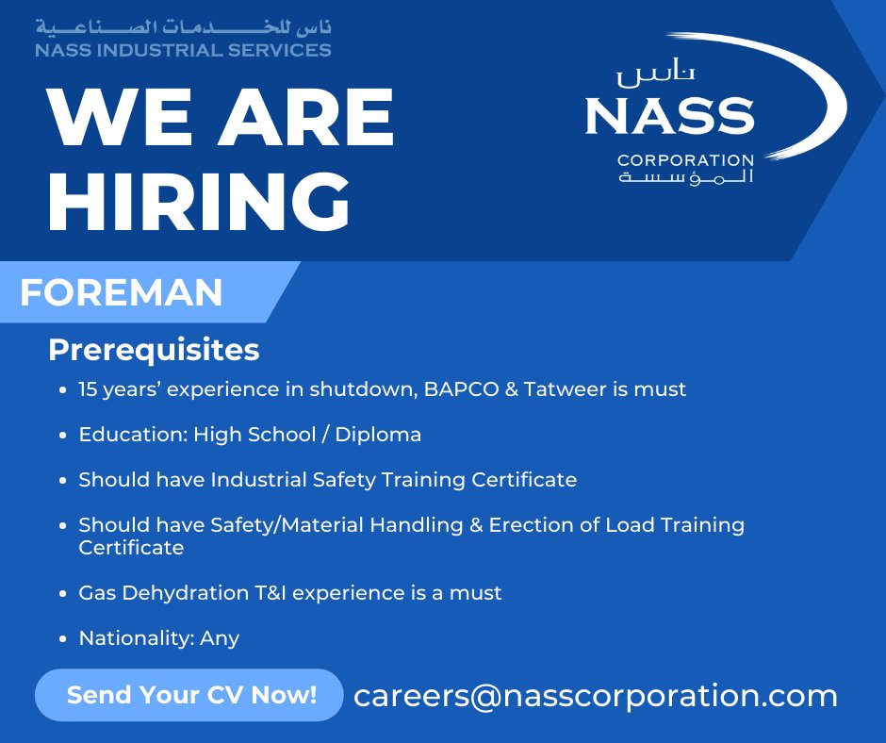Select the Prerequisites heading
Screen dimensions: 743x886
pyautogui.click(x=154, y=350)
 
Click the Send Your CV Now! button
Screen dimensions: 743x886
pyautogui.click(x=190, y=696)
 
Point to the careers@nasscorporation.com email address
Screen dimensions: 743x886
pyautogui.click(x=595, y=696)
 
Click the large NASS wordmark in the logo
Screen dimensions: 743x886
pyautogui.click(x=669, y=116)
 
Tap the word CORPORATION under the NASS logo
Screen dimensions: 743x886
pyautogui.click(x=685, y=160)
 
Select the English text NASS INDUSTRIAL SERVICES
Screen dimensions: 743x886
pyautogui.click(x=183, y=50)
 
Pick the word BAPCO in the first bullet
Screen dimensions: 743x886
pyautogui.click(x=460, y=388)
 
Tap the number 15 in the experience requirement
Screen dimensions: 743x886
pyautogui.click(x=90, y=388)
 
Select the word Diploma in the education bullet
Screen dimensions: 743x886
pyautogui.click(x=378, y=435)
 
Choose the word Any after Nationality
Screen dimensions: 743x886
pyautogui.click(x=220, y=638)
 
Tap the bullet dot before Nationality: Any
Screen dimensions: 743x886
pyautogui.click(x=61, y=639)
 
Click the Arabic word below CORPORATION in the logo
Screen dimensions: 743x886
pyautogui.click(x=685, y=178)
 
